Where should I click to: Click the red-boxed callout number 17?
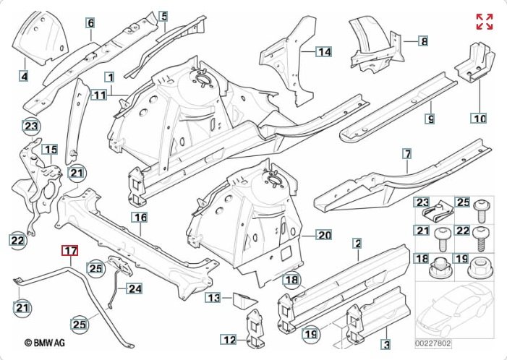(69, 252)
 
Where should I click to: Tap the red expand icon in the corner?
(484, 22)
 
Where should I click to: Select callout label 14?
(323, 51)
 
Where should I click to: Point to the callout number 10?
(479, 117)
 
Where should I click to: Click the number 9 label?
(429, 118)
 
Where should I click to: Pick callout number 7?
(407, 154)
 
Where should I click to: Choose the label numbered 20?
(323, 235)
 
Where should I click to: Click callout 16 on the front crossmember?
(140, 217)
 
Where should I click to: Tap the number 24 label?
(135, 289)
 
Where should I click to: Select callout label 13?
(213, 298)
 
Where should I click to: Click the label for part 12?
(229, 340)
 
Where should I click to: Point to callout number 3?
(386, 346)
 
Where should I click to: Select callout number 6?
(91, 24)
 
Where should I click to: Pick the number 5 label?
(164, 16)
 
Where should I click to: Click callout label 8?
(424, 41)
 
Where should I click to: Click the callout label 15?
(50, 150)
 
